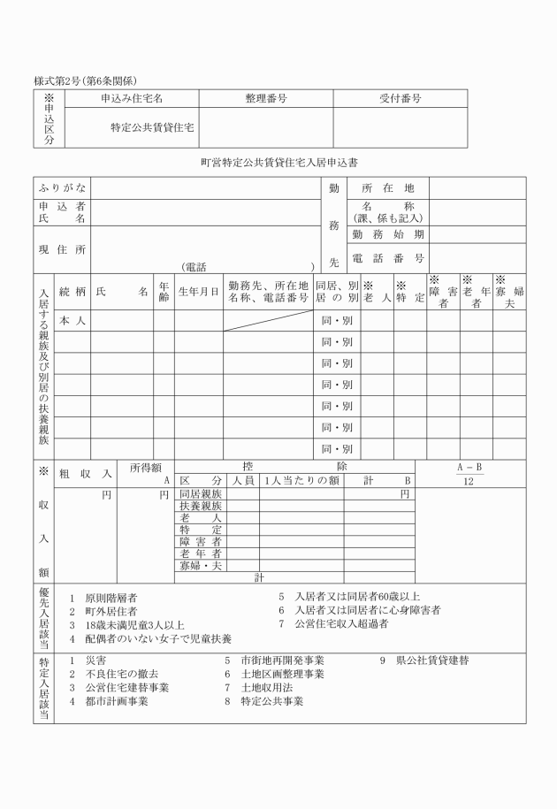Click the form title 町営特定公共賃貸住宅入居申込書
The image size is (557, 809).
click(x=278, y=163)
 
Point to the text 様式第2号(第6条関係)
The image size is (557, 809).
click(x=85, y=80)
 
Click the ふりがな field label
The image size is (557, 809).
click(x=62, y=188)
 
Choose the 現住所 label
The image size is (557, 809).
click(x=62, y=250)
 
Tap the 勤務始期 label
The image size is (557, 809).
click(x=388, y=234)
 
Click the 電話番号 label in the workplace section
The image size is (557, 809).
click(x=388, y=258)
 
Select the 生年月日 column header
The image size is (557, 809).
click(x=198, y=291)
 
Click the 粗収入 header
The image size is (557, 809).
click(x=85, y=474)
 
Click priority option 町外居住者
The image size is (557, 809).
click(x=111, y=611)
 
